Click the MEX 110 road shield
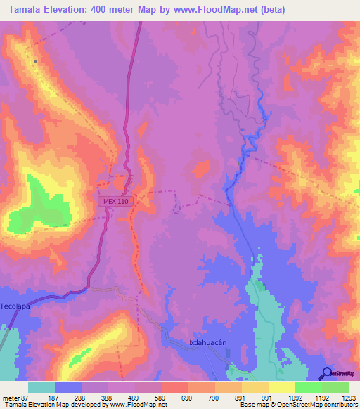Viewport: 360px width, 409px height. tap(115, 201)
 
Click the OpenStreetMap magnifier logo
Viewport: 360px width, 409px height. tap(328, 373)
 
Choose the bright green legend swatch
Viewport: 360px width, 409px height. tap(308, 387)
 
